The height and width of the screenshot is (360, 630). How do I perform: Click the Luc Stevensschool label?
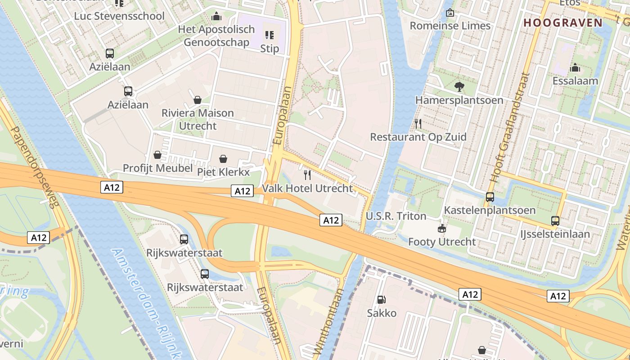(x=119, y=16)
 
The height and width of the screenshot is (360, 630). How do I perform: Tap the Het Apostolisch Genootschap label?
(x=216, y=36)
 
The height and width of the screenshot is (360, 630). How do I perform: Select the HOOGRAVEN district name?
(x=563, y=23)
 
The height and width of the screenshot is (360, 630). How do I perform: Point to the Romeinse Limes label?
(x=450, y=26)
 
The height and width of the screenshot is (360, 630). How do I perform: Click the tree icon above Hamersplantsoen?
(x=459, y=87)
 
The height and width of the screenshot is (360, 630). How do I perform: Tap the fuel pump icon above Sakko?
(x=381, y=300)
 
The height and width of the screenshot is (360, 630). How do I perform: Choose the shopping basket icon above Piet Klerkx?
(x=223, y=159)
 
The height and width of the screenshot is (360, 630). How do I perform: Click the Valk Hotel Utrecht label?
(x=307, y=188)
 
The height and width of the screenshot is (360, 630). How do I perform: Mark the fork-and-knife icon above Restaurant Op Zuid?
(x=418, y=123)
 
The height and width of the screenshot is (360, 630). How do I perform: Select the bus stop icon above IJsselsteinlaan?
(x=555, y=221)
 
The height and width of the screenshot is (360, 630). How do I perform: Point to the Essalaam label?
(x=575, y=81)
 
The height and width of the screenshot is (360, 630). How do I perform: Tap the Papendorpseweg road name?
(x=34, y=167)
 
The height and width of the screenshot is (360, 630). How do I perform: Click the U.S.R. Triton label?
(x=396, y=216)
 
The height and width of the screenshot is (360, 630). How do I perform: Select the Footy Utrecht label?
(x=441, y=242)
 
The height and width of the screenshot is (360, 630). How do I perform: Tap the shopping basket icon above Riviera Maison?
(x=197, y=99)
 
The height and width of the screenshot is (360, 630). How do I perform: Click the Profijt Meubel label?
(x=156, y=168)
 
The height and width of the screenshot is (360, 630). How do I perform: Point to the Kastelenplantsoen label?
(x=490, y=210)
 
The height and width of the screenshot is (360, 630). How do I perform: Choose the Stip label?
(x=270, y=48)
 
